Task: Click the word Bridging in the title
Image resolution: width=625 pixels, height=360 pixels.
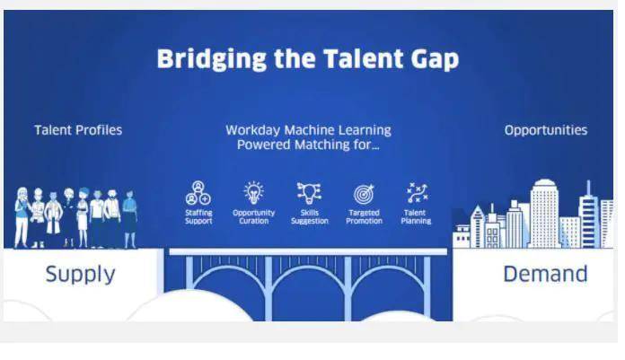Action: [212, 59]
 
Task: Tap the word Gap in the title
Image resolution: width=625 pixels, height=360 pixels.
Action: [435, 60]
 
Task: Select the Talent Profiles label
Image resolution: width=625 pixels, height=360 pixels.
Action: [78, 130]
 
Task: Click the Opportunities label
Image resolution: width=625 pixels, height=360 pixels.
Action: [546, 130]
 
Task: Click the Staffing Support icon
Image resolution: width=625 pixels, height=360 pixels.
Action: [198, 193]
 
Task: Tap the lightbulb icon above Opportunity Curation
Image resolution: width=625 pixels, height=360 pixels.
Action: [253, 193]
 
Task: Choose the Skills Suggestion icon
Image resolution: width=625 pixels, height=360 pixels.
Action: [309, 193]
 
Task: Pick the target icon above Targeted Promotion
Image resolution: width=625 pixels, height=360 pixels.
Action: [364, 194]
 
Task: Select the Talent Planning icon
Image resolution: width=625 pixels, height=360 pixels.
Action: [417, 193]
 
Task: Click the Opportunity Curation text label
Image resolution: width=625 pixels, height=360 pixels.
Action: [253, 217]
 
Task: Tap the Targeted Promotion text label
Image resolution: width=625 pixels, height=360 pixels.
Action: [364, 217]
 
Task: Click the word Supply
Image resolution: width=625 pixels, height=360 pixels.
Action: [80, 275]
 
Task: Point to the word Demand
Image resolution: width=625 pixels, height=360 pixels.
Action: [545, 275]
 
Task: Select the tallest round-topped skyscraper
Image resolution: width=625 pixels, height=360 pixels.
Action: [543, 214]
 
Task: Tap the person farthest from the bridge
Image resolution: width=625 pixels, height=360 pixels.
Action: [22, 217]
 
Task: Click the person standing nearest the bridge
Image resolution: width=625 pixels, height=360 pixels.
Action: [130, 219]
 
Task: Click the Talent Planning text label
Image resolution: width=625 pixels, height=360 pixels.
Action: [416, 217]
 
